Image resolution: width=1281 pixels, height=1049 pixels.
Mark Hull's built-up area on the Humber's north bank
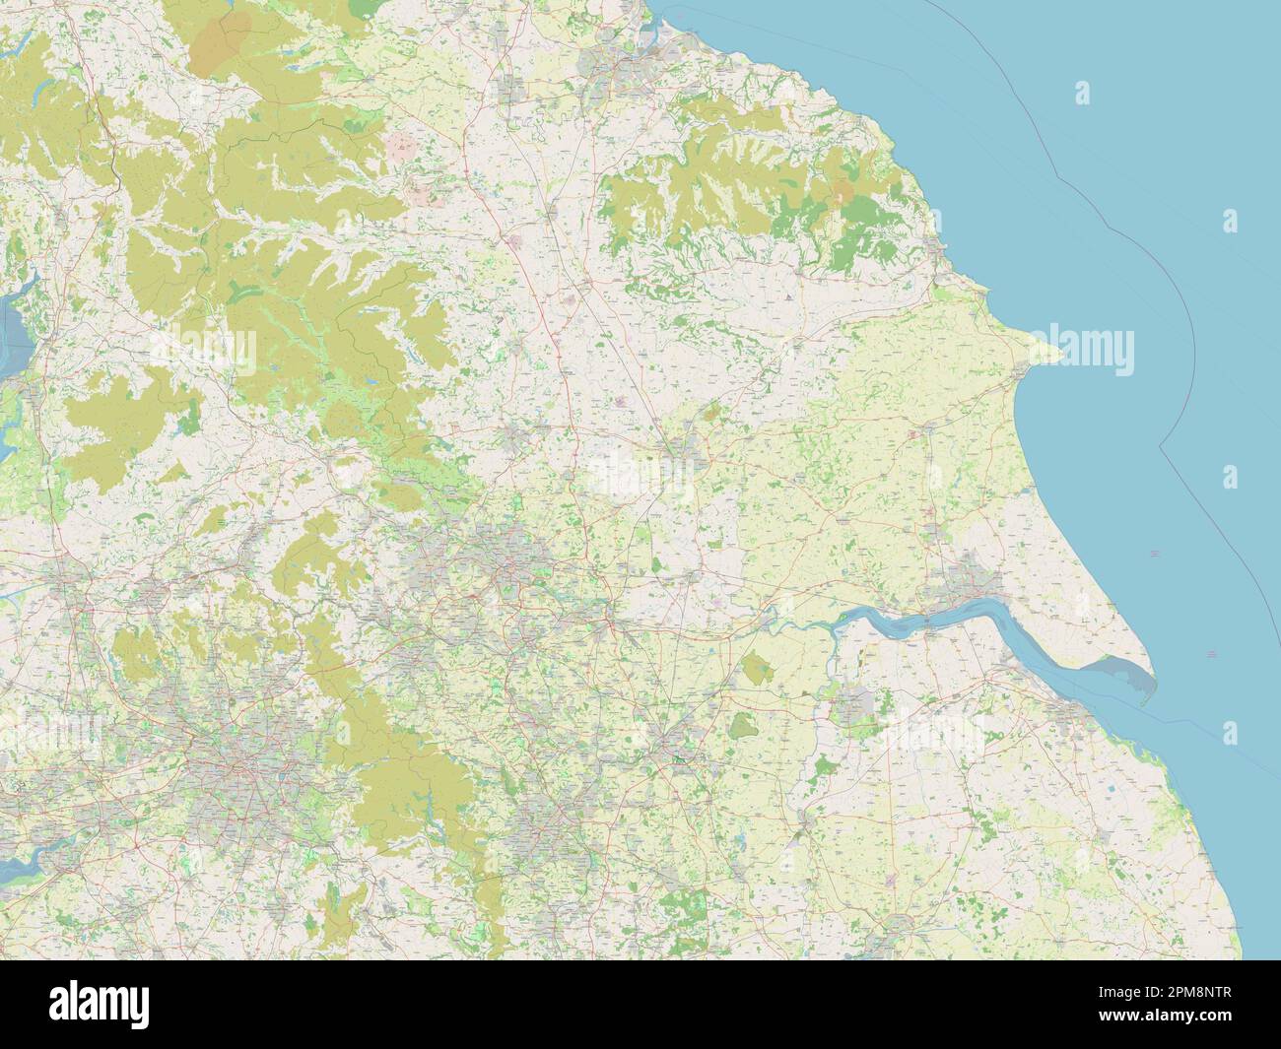click(961, 581)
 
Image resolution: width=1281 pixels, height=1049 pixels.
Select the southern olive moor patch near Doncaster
click(744, 727)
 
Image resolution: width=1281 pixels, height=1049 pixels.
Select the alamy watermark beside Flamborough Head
click(1089, 352)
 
